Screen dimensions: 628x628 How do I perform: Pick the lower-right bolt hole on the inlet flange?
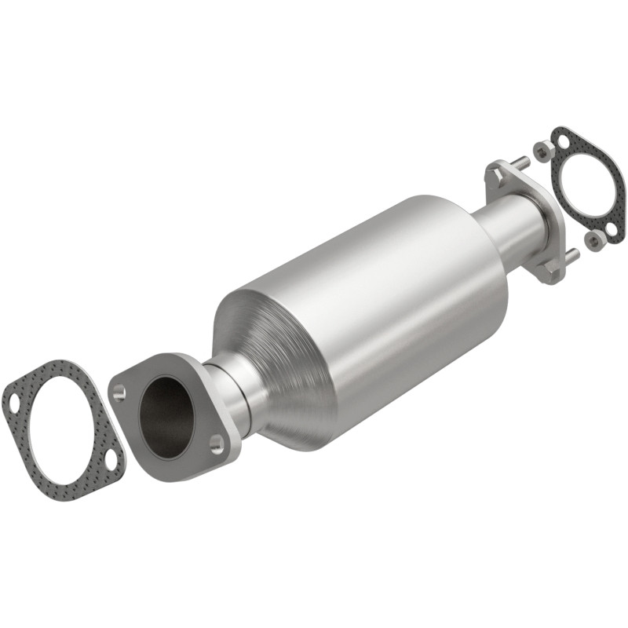click(x=217, y=444)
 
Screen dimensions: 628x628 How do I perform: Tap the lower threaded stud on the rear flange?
click(x=572, y=255)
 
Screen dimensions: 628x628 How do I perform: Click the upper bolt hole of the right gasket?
click(x=564, y=141)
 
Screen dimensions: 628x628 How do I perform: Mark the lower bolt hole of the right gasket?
click(x=612, y=228)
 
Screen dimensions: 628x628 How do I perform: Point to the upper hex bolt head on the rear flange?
click(x=495, y=174)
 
